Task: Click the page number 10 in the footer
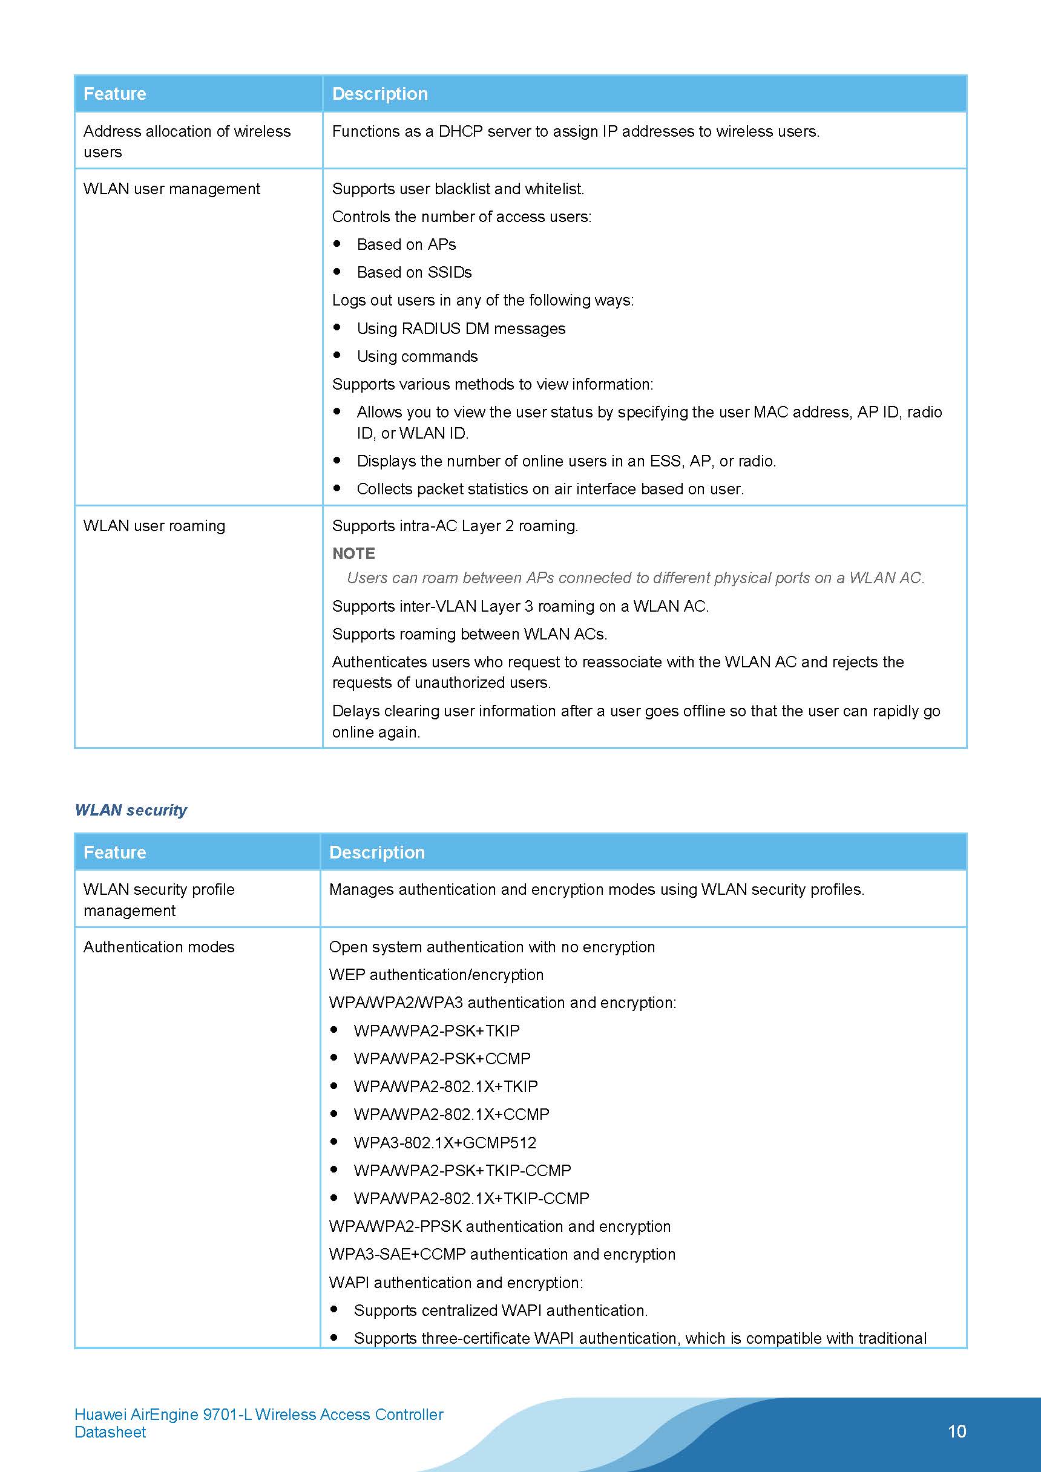click(956, 1430)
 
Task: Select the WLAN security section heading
click(131, 810)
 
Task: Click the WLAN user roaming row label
click(154, 526)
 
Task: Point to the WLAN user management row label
click(171, 189)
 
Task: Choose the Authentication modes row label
click(159, 946)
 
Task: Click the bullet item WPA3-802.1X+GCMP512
click(444, 1142)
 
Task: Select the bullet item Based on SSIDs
click(414, 272)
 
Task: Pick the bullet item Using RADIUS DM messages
click(461, 329)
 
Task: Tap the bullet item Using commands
click(417, 356)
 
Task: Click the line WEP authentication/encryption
click(436, 975)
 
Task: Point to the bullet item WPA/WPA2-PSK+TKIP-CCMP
click(462, 1170)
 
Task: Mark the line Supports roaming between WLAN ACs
click(469, 633)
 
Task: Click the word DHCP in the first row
click(461, 131)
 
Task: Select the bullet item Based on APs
click(406, 244)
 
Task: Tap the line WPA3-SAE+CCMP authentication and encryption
click(502, 1254)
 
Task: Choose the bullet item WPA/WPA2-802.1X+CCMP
click(451, 1114)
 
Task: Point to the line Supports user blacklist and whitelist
click(458, 189)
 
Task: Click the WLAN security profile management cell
click(159, 900)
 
